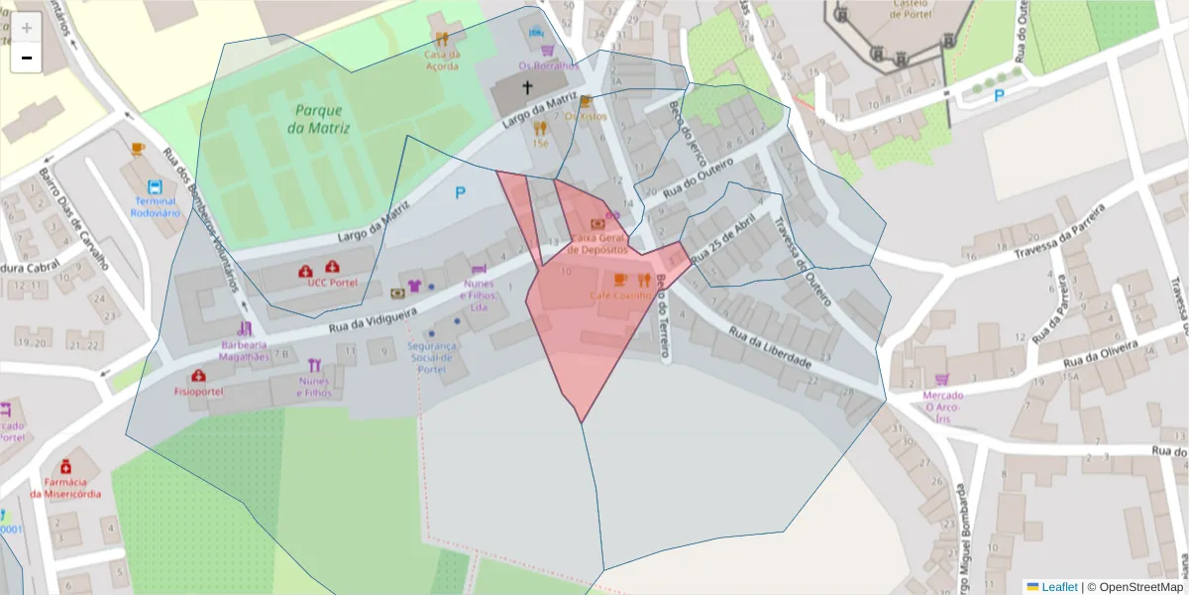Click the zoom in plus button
tap(27, 28)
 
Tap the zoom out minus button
tap(27, 58)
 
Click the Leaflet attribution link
tap(1059, 587)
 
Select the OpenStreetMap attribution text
tap(1140, 587)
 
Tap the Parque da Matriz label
tap(315, 119)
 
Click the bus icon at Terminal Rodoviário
tap(155, 186)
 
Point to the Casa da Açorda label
tap(441, 60)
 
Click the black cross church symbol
tap(526, 87)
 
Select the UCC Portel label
tap(332, 283)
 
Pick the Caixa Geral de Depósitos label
tap(597, 244)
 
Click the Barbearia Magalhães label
tap(245, 350)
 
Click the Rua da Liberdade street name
tap(771, 348)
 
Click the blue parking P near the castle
tap(999, 95)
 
